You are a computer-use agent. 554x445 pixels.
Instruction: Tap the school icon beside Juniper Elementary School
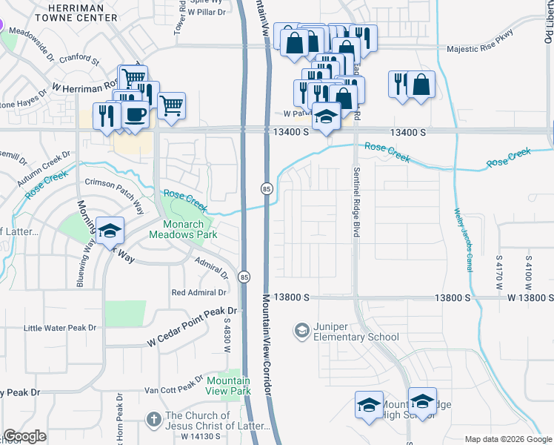[x=301, y=329]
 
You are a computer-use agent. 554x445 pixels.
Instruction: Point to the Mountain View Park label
[x=228, y=385]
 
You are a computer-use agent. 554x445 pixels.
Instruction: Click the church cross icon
[x=153, y=421]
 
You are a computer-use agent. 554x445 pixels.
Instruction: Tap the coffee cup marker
[x=135, y=114]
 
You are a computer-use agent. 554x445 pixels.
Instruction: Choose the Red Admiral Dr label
[x=199, y=292]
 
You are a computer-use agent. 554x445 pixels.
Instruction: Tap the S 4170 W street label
[x=500, y=272]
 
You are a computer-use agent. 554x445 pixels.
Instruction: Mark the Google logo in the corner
[x=24, y=436]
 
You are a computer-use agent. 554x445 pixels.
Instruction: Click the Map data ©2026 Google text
[x=508, y=439]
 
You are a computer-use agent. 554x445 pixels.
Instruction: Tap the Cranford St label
[x=79, y=58]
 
